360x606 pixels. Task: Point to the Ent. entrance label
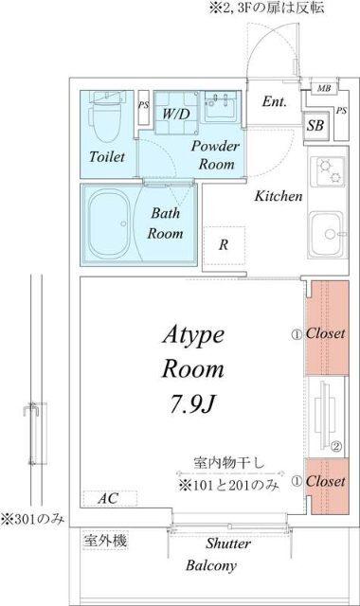tap(275, 102)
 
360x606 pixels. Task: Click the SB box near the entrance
tap(315, 124)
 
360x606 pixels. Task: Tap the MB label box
tap(323, 87)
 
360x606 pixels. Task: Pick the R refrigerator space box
tap(224, 244)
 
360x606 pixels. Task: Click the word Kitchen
tap(278, 197)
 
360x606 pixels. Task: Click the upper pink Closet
tap(326, 333)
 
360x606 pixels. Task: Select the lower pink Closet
tap(326, 482)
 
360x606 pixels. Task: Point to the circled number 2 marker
tap(336, 447)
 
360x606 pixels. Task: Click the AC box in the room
tap(107, 498)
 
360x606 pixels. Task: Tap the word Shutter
tap(228, 544)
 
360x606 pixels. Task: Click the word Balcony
tap(211, 566)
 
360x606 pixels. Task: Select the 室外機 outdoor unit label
tap(105, 541)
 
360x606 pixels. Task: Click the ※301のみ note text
tap(31, 518)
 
